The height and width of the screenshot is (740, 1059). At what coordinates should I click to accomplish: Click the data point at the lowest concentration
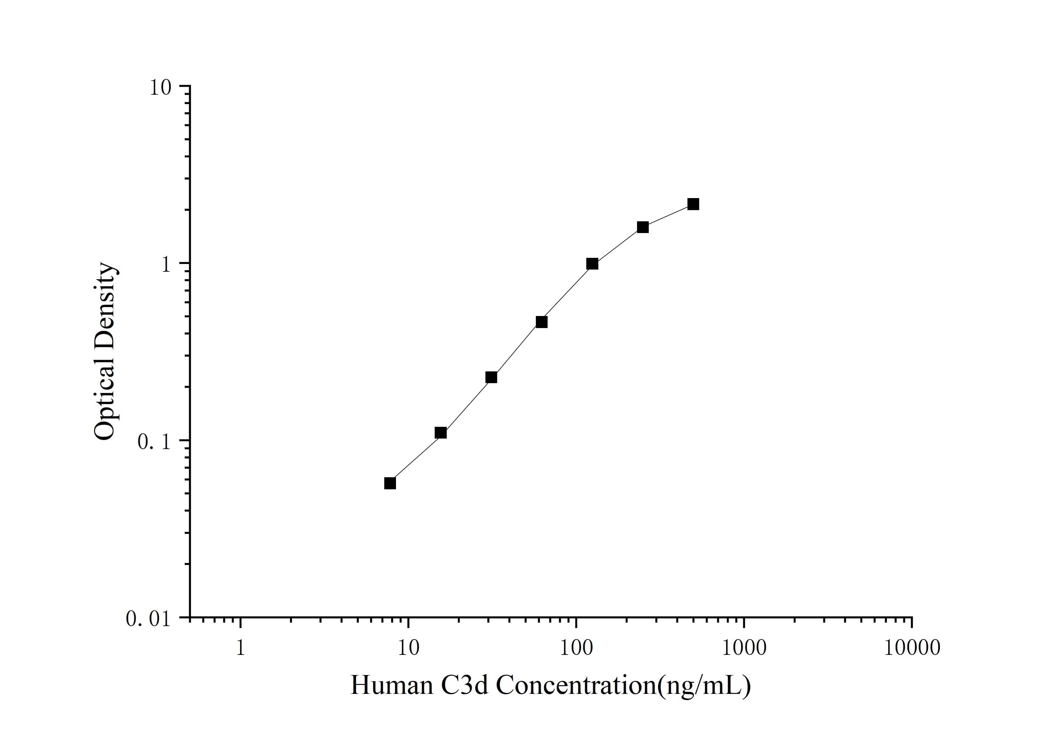(390, 483)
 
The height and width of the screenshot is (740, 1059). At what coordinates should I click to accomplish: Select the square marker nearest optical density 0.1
(441, 432)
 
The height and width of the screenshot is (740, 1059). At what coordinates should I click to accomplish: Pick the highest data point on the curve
(693, 204)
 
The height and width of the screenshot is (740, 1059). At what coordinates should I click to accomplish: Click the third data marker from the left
(491, 377)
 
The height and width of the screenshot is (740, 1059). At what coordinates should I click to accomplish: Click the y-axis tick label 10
(160, 88)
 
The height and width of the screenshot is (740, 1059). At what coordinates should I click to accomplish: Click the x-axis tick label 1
(240, 648)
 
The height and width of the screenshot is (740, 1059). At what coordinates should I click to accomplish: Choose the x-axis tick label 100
(576, 648)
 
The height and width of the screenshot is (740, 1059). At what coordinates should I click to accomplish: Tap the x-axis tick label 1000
(743, 648)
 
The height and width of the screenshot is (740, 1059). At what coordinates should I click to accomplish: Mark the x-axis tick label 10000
(911, 648)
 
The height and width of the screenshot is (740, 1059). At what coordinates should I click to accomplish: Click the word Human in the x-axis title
(392, 685)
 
